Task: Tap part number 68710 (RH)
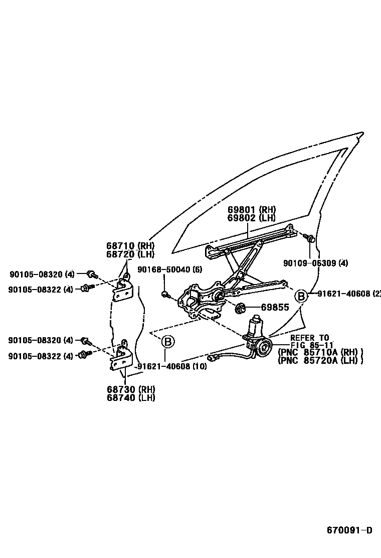pos(130,246)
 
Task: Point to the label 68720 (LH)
pos(130,254)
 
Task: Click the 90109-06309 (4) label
pos(315,263)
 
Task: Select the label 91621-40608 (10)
pos(171,366)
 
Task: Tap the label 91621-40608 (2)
pos(349,294)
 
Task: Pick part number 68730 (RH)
pos(130,389)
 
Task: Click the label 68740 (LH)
pos(130,398)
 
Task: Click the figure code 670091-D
pos(350,530)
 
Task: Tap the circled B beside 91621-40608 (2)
pos(301,296)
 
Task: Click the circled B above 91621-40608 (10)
pos(168,343)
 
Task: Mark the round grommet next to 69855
pos(240,307)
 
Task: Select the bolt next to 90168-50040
pos(164,294)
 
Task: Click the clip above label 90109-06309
pos(311,239)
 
